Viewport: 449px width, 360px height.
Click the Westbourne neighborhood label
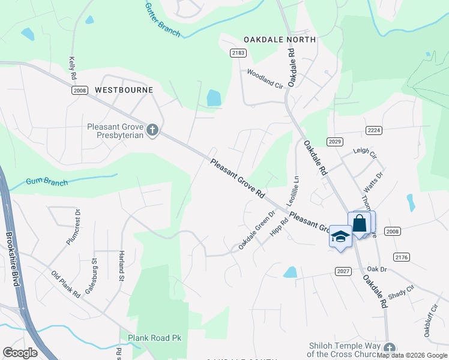(124, 89)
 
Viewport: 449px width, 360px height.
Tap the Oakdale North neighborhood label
(280, 40)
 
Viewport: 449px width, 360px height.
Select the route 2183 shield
(238, 53)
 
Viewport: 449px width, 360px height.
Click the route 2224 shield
(374, 130)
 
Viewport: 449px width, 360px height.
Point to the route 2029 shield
(335, 141)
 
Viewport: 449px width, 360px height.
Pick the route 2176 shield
(401, 257)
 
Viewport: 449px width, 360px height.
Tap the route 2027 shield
(343, 272)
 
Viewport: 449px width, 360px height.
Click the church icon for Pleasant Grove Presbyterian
(152, 129)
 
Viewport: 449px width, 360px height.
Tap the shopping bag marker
(359, 224)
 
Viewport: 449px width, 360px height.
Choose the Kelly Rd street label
(73, 68)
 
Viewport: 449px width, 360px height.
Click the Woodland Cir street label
(265, 78)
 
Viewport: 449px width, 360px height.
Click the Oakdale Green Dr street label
(257, 230)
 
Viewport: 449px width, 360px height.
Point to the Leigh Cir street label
(364, 154)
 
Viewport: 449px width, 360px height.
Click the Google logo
(20, 353)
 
